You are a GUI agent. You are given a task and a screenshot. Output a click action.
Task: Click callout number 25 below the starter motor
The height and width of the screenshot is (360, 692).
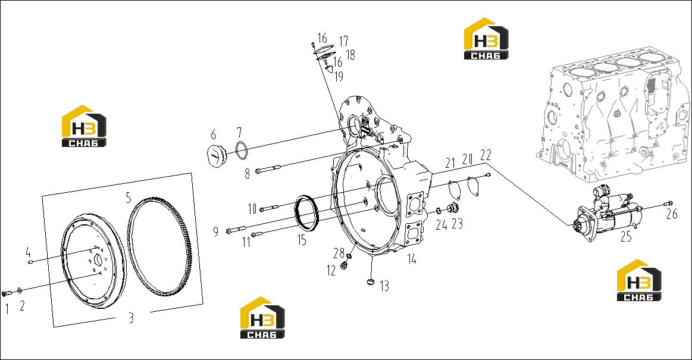click(626, 237)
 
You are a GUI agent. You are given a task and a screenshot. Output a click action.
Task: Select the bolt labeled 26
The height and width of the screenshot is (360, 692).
click(667, 204)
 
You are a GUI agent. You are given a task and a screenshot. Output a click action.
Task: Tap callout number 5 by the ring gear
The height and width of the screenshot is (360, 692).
click(129, 198)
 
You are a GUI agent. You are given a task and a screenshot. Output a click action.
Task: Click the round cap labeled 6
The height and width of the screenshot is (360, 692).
click(217, 156)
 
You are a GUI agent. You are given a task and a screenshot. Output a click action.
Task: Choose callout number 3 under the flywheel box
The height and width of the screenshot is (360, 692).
click(131, 318)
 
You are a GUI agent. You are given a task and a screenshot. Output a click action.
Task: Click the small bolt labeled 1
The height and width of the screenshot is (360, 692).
click(6, 293)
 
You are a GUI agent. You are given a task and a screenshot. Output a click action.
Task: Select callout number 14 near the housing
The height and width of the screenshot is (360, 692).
click(411, 259)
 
